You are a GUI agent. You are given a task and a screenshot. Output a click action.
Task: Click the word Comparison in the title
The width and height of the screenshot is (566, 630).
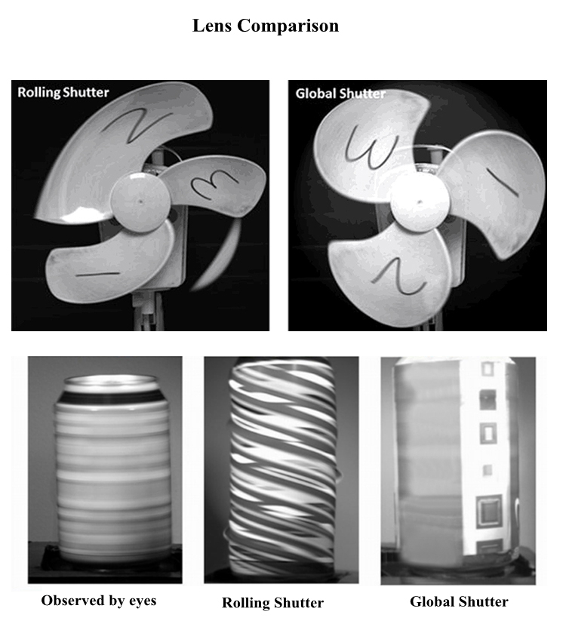[x=288, y=26]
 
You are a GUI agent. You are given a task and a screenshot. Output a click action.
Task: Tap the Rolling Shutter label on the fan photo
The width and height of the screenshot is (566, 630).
[x=63, y=92]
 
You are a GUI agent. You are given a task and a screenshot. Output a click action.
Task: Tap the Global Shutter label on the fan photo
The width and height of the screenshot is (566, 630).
[x=340, y=94]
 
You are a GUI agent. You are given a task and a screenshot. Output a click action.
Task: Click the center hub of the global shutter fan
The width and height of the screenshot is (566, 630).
[x=420, y=202]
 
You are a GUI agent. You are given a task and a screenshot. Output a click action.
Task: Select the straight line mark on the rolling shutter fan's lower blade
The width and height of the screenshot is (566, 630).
[x=97, y=275]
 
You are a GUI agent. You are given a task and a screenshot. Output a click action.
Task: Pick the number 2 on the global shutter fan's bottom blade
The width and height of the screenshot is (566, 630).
[x=398, y=277]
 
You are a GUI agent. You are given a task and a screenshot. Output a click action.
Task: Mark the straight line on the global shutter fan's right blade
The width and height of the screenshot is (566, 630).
[x=503, y=183]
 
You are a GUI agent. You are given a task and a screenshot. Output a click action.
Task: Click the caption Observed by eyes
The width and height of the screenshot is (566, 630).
[x=99, y=601]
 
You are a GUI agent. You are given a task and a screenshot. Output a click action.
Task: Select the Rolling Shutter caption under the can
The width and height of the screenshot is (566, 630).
[x=272, y=603]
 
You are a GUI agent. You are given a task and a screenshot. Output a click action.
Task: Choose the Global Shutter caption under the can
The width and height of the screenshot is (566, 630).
[x=459, y=601]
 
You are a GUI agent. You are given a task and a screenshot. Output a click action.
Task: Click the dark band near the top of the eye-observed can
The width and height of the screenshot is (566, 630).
[x=112, y=398]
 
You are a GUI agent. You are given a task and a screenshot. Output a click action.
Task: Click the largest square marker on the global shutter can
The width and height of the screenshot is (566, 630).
[x=489, y=511]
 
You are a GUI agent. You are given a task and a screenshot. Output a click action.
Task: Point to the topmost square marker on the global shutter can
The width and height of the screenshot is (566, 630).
[x=488, y=369]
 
